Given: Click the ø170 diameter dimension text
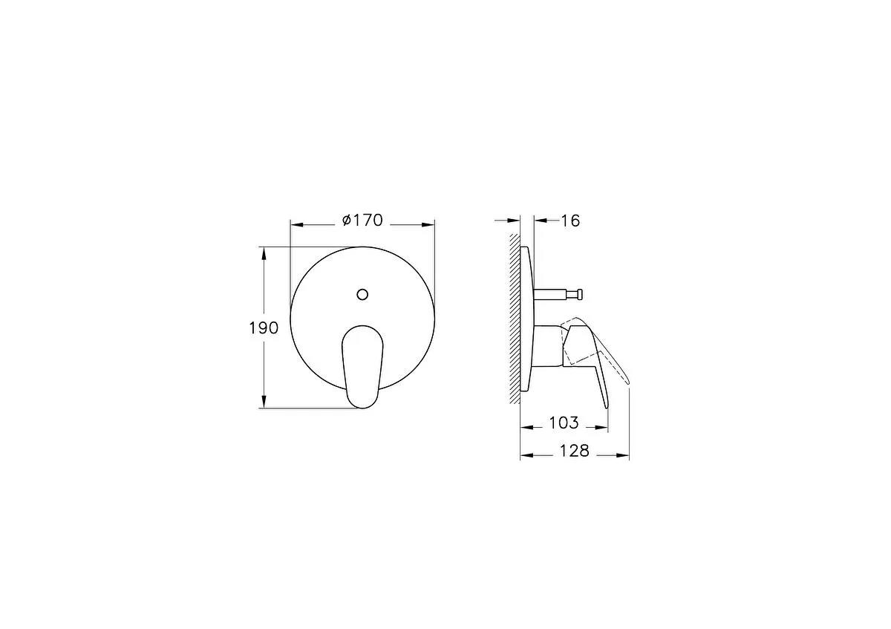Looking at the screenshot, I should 362,221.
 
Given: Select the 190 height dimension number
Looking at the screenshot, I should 264,327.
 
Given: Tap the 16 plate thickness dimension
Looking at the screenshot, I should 569,221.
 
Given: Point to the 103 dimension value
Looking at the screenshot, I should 563,423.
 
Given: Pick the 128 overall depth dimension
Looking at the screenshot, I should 573,451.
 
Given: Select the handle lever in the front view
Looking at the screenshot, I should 362,364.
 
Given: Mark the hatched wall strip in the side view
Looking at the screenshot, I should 514,319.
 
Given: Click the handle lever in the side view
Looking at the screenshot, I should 594,356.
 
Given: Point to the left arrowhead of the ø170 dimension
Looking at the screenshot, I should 296,223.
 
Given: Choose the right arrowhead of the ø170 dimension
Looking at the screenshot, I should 428,223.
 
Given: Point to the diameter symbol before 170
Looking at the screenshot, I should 345,221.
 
